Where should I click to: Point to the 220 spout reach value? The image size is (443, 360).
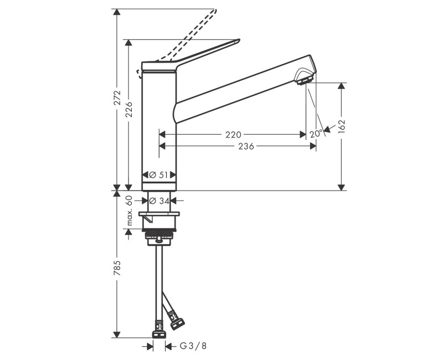pyautogui.click(x=233, y=135)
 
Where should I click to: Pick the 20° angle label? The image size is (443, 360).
pyautogui.click(x=316, y=134)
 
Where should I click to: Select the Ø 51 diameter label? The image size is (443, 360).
pyautogui.click(x=159, y=175)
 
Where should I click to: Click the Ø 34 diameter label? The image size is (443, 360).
pyautogui.click(x=159, y=200)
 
